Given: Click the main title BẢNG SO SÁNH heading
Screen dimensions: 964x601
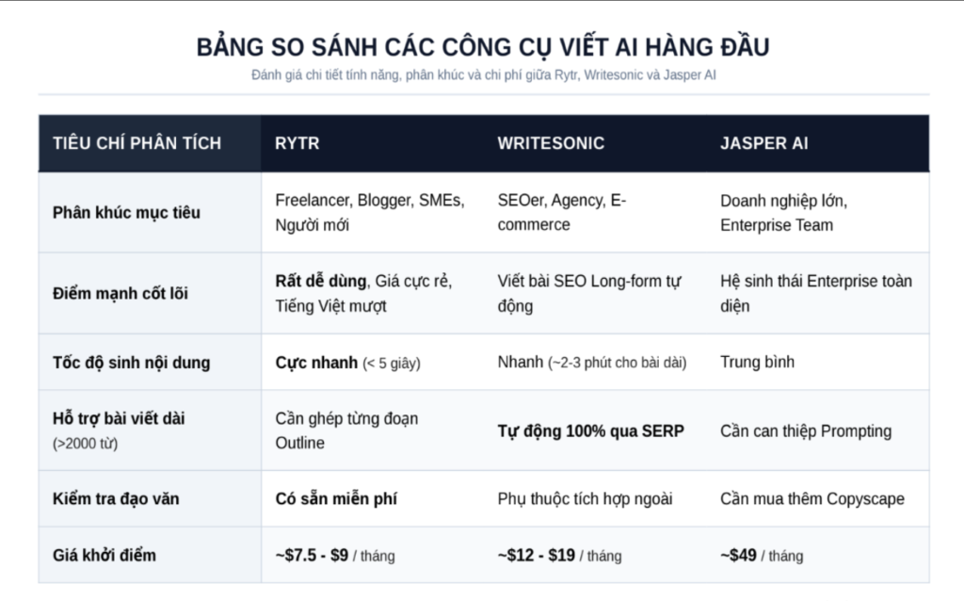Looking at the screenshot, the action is click(x=483, y=47).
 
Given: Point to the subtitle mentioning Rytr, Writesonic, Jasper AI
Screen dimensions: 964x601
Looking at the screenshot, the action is click(x=483, y=75).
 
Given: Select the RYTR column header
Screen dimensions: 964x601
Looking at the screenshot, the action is click(x=297, y=143).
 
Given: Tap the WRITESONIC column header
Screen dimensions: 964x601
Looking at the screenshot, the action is click(x=551, y=143).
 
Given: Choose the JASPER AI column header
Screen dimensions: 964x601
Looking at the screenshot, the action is click(x=764, y=143).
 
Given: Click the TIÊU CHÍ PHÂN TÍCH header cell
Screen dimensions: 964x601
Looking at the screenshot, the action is click(x=137, y=143).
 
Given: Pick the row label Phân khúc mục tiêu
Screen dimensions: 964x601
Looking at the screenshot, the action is click(x=126, y=213).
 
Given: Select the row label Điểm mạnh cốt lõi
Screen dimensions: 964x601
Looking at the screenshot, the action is click(x=120, y=293).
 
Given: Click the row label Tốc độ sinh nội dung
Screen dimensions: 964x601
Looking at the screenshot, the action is click(x=131, y=363).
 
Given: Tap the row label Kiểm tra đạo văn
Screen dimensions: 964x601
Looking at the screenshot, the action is click(x=116, y=498).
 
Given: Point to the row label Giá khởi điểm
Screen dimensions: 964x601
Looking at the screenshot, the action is click(x=104, y=555).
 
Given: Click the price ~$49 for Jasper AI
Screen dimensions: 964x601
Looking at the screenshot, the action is click(x=738, y=556).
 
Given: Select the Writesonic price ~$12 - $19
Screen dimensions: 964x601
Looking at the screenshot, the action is click(x=536, y=556).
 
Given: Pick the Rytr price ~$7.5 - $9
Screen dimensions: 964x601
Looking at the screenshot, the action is click(x=312, y=556).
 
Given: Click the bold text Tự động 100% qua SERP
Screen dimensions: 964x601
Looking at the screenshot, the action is click(x=590, y=430).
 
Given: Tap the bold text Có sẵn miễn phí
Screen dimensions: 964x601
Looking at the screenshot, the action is click(x=336, y=498).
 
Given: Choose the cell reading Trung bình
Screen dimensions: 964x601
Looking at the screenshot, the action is click(x=757, y=362).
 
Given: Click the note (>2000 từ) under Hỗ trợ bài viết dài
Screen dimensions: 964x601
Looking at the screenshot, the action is click(x=85, y=444).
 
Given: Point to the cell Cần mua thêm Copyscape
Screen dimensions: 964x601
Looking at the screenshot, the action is click(x=812, y=498).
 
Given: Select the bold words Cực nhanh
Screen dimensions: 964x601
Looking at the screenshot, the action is click(x=316, y=363).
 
